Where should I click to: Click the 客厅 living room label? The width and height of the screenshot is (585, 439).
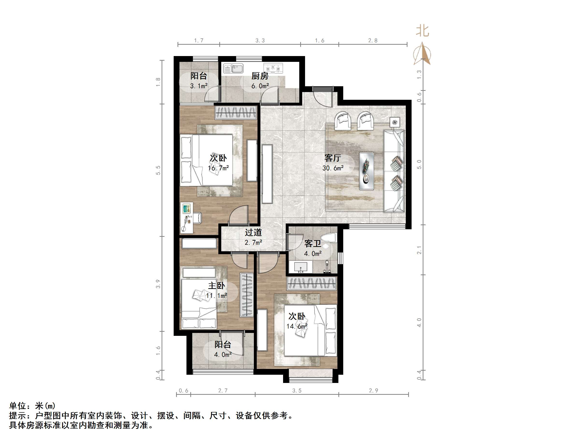[x=333, y=158]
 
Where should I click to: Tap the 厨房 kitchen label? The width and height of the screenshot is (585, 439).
[x=260, y=76]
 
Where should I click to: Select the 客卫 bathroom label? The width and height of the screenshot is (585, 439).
[x=313, y=244]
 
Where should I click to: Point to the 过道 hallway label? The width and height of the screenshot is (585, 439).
[x=253, y=232]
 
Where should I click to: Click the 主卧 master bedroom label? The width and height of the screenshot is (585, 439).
[x=217, y=286]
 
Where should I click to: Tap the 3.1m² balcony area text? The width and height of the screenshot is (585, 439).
[x=199, y=86]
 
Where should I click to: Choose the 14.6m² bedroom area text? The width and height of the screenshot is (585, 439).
[x=297, y=326]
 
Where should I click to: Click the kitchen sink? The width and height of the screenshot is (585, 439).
[x=233, y=69]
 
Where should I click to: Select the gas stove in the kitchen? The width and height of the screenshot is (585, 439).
[x=273, y=68]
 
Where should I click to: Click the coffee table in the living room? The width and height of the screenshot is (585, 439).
[x=367, y=171]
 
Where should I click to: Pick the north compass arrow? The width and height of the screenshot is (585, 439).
[x=423, y=53]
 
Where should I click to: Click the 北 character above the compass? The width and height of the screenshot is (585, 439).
[x=422, y=31]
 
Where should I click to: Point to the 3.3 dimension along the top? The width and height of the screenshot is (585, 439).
[x=260, y=41]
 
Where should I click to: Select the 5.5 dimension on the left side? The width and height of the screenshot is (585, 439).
[x=158, y=170]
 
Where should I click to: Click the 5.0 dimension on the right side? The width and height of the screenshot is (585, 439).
[x=419, y=164]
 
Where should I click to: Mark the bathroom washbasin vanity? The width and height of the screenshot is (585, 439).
[x=301, y=267]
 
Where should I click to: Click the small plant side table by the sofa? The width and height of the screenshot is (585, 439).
[x=395, y=122]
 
